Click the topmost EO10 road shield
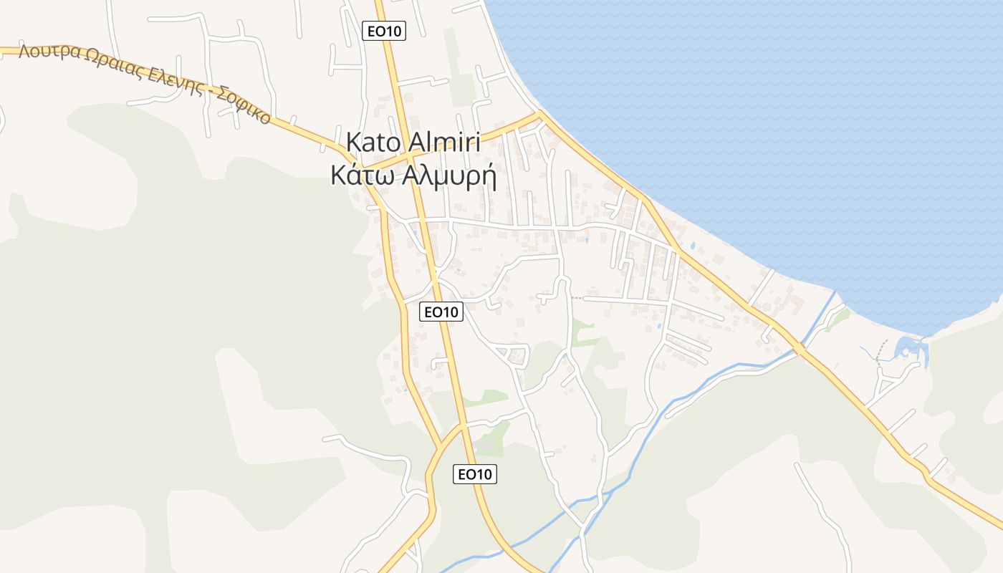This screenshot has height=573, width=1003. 384,31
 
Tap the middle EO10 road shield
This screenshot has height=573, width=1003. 441,312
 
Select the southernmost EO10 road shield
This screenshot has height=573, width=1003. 475,474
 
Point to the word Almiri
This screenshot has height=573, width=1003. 443,142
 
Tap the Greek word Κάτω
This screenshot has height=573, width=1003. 364,175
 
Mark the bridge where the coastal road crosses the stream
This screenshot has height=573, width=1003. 798,349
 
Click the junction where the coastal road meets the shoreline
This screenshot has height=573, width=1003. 539,113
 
